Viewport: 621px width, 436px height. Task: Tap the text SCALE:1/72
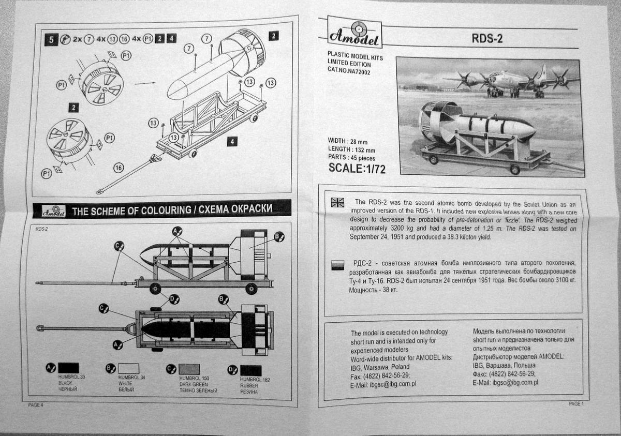tap(357, 168)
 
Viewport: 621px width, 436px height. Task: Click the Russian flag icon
tap(337, 265)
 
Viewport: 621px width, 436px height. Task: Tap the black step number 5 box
tap(50, 39)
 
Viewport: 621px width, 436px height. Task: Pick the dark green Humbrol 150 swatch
tap(189, 369)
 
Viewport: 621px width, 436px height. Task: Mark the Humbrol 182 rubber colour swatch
tap(251, 370)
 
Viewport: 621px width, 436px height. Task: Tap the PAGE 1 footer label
tap(575, 403)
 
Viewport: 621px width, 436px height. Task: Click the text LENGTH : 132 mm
tap(351, 149)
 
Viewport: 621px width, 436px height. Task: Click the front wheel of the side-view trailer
tap(154, 288)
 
